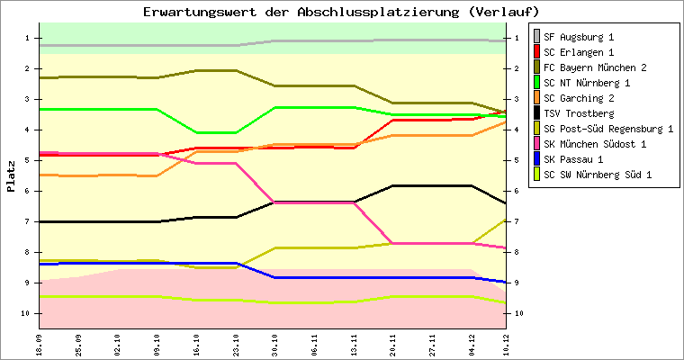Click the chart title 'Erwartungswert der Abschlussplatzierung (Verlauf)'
point(341,12)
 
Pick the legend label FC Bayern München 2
point(595,67)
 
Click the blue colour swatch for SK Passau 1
point(537,159)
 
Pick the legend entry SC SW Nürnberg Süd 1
point(598,175)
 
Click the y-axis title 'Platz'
point(11,175)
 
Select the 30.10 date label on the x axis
point(274,342)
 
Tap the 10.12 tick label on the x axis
point(505,342)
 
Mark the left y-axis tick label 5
point(27,160)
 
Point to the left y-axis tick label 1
point(27,38)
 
